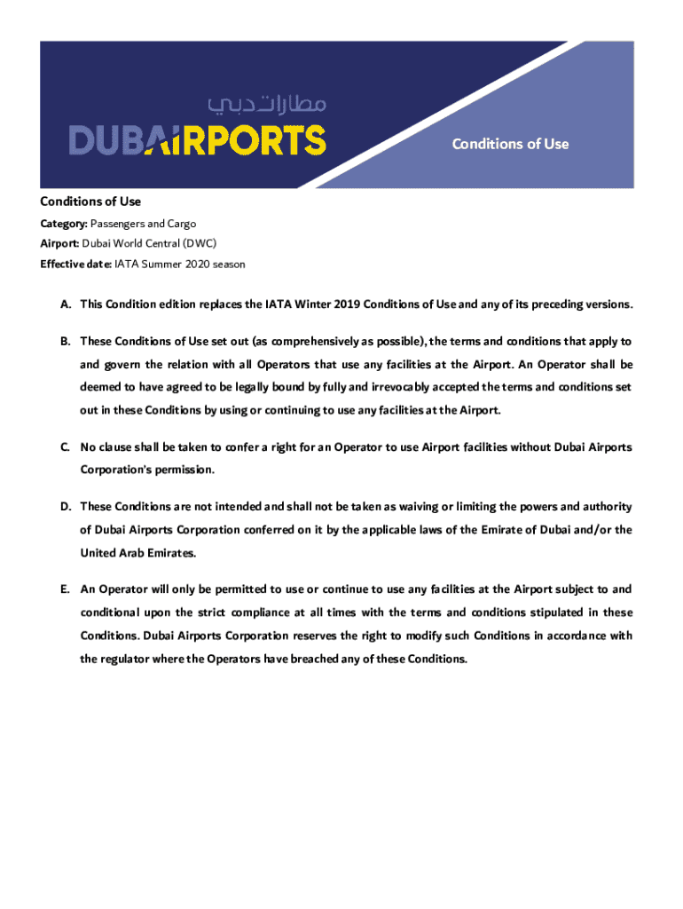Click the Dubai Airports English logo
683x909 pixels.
pos(198,140)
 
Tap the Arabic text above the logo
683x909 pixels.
pos(267,105)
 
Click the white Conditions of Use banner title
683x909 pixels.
pos(510,144)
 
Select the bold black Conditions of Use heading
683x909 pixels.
pos(90,202)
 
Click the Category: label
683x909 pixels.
pos(64,224)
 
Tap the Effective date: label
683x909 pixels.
pos(75,264)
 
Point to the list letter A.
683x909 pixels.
pos(65,304)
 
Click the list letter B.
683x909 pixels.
pos(65,341)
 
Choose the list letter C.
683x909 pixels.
pos(65,447)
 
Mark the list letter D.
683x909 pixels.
pos(65,507)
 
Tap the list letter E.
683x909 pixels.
pos(65,589)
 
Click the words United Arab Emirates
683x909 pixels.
pos(137,553)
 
